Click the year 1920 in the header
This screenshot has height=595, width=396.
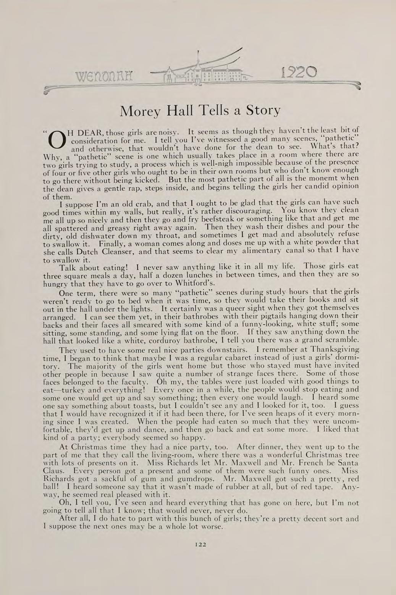(x=298, y=73)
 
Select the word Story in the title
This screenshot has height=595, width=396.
(x=263, y=111)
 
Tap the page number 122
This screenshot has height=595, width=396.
(x=199, y=544)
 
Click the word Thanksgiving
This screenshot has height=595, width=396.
(x=335, y=349)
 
